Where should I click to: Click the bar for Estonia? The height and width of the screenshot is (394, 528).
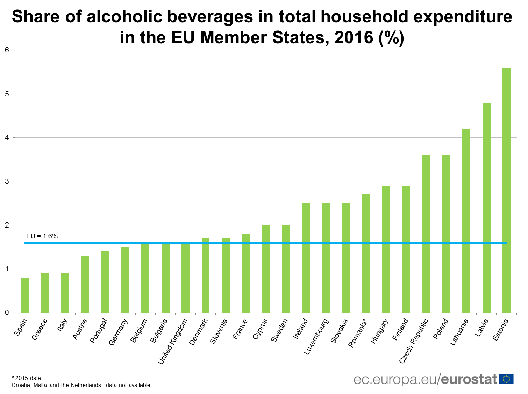pos(506,190)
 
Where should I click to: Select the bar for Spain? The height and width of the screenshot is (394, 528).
pos(25,295)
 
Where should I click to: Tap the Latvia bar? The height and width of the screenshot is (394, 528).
pos(486,208)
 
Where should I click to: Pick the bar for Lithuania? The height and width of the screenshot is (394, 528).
pos(466,221)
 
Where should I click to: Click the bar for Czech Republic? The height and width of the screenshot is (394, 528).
pos(426,234)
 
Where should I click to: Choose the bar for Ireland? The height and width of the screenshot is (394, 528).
pos(306,258)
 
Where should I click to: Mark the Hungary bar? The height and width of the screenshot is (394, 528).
pos(386,249)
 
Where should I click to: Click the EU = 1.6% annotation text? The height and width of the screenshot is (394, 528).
pos(42,236)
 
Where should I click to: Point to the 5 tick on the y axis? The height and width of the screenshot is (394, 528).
pos(7,94)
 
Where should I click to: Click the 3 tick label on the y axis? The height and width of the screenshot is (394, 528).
pos(7,181)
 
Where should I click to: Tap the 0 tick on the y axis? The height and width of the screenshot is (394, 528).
pos(7,313)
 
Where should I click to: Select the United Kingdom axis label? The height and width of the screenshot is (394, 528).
pos(173,341)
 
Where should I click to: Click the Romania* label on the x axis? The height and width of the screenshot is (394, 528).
pos(357,333)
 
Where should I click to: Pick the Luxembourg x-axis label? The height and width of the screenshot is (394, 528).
pos(316,337)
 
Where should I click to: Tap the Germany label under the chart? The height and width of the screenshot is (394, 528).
pos(119,332)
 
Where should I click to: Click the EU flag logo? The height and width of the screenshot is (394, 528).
pos(506,379)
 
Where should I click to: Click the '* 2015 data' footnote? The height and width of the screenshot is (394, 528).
pos(26,378)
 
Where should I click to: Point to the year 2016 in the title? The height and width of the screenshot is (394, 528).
pos(354,37)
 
